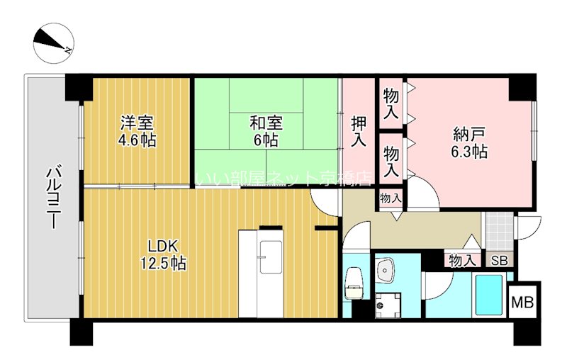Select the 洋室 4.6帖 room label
[137, 130]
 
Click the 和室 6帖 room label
[264, 130]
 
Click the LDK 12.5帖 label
[167, 254]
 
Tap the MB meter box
[524, 300]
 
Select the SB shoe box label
[500, 261]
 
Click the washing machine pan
[387, 303]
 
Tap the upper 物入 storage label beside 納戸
[391, 103]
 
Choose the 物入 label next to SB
[461, 261]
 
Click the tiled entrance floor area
[499, 228]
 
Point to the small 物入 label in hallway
[391, 198]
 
